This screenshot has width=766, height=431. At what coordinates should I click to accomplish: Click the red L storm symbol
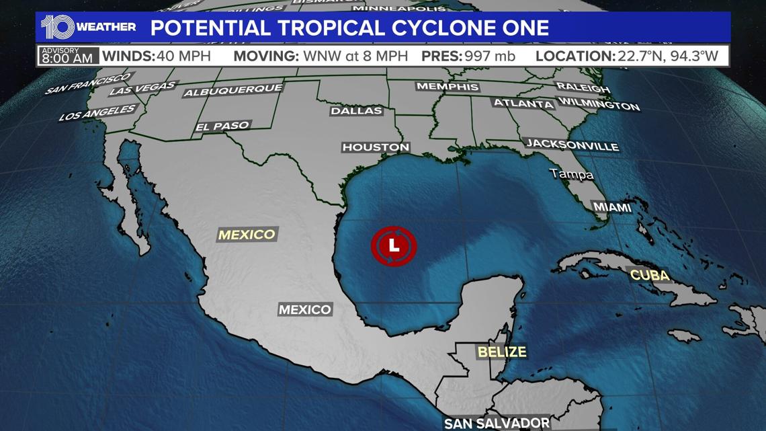[394, 246]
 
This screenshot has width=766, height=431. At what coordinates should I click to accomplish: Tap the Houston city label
[376, 147]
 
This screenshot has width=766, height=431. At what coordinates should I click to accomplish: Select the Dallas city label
[356, 110]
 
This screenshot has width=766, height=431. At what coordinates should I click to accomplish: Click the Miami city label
[611, 207]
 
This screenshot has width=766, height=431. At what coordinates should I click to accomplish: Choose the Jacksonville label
[572, 145]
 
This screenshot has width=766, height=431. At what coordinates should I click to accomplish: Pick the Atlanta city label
[523, 104]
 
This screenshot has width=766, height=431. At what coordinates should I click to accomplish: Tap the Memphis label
[448, 87]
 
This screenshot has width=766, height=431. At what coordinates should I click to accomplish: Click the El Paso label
[222, 126]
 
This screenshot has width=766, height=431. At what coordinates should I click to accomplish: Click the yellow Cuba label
[650, 275]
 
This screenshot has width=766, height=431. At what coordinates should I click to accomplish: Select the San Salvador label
[497, 423]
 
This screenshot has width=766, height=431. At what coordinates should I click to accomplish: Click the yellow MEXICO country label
[247, 235]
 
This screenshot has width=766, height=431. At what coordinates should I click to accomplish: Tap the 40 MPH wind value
[183, 56]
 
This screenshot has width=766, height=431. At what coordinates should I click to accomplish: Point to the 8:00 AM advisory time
[67, 58]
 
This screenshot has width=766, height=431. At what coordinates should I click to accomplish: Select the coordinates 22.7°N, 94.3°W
[671, 56]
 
